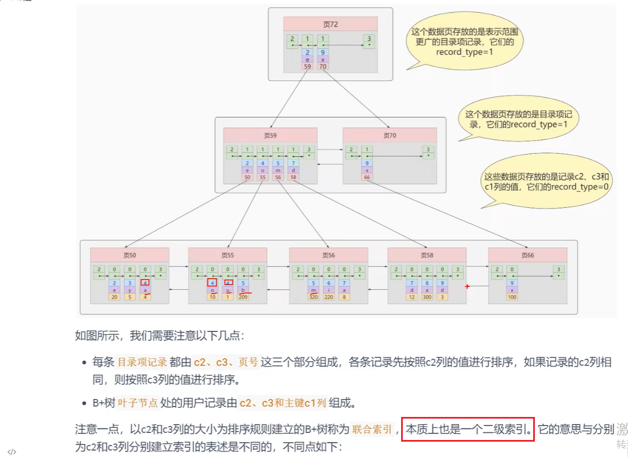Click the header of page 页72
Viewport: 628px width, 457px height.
(x=330, y=24)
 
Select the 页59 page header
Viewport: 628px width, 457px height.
(x=270, y=135)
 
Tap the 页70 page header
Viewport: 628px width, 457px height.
(x=390, y=135)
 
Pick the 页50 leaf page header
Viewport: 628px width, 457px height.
(x=130, y=255)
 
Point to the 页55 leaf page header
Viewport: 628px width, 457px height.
(x=228, y=255)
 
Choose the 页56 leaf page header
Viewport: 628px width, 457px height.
(x=329, y=255)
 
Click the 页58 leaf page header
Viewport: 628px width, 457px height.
(x=427, y=255)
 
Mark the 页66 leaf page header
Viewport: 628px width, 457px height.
(x=528, y=255)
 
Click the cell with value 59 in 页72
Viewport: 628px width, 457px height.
(x=307, y=66)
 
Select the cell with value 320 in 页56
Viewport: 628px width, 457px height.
(x=313, y=297)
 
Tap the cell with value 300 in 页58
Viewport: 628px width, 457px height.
(x=426, y=297)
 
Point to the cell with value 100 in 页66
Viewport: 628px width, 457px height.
(x=512, y=297)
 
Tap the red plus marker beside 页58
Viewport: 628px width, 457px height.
(x=467, y=287)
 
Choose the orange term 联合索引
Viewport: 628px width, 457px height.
(x=372, y=429)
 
